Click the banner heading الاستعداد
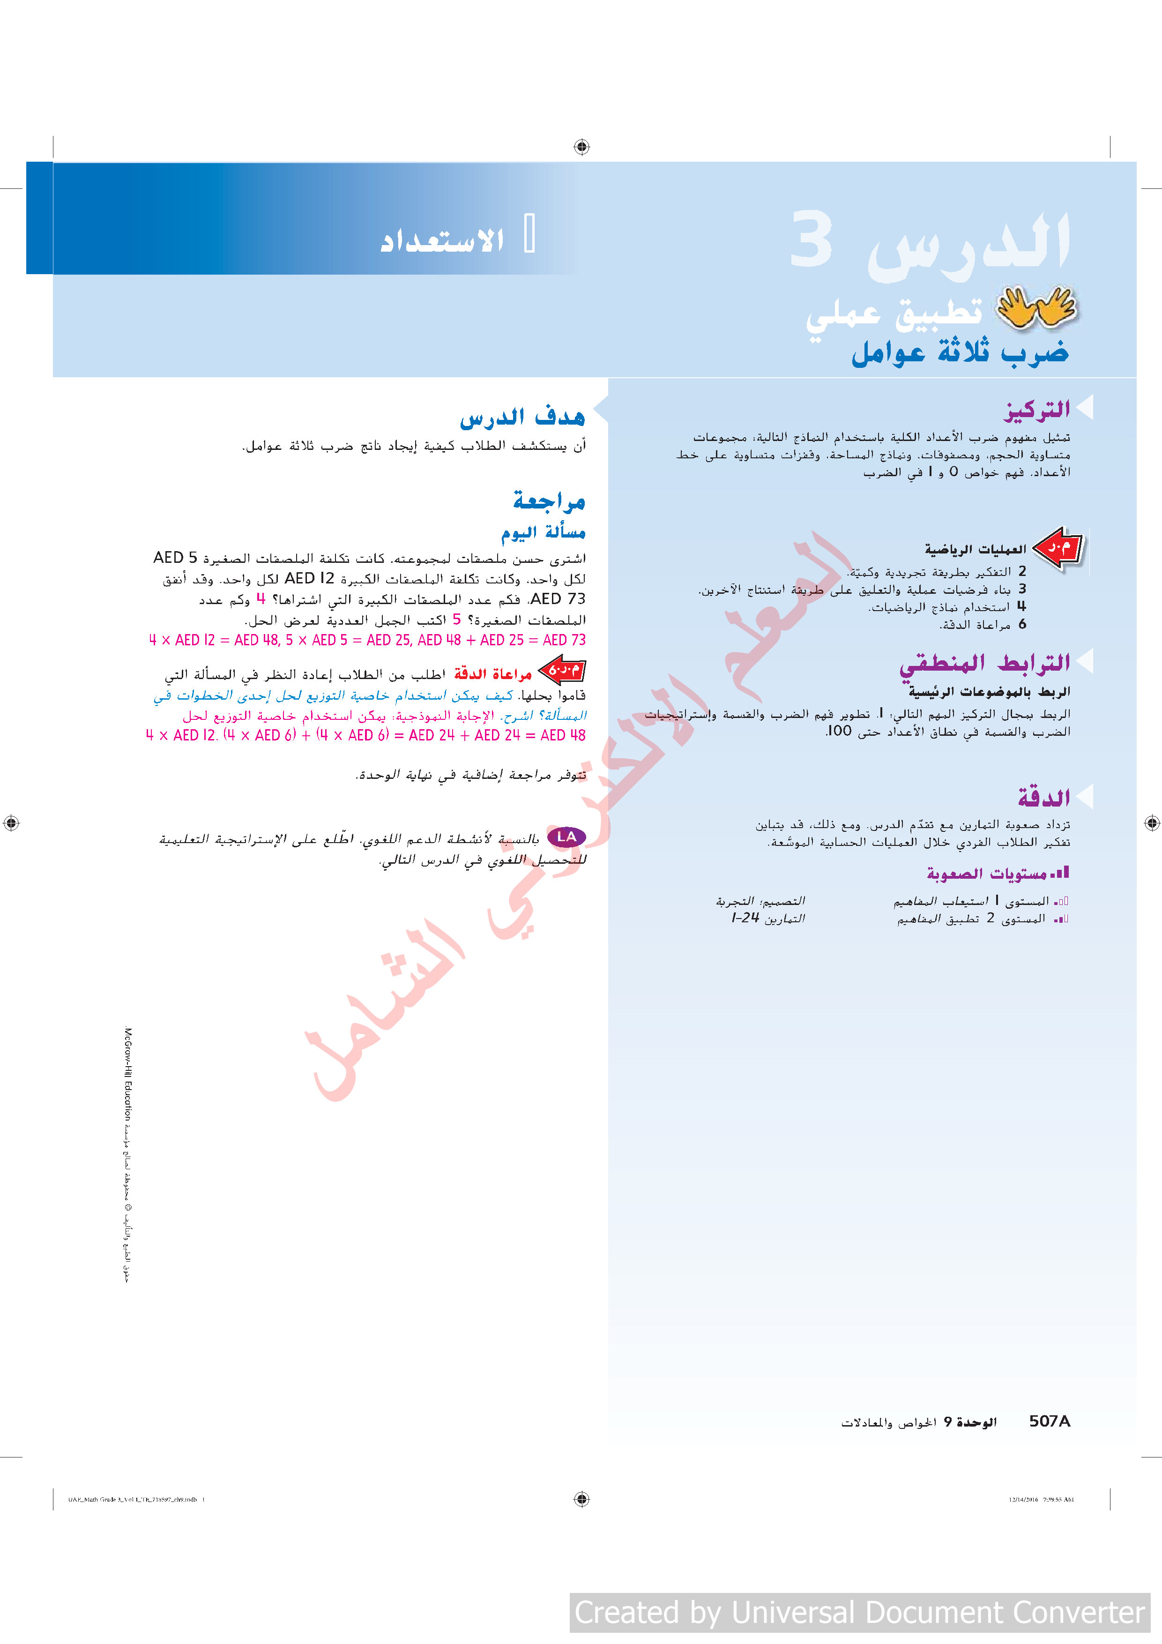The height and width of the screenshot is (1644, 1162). click(442, 240)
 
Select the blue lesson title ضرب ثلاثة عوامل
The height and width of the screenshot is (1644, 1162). click(960, 352)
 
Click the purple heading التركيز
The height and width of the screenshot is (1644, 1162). click(1036, 410)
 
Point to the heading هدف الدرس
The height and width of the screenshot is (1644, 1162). click(522, 417)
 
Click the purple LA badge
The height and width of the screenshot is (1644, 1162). click(566, 837)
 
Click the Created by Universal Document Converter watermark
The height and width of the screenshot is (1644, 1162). click(859, 1613)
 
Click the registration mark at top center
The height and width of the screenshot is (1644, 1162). click(581, 147)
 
